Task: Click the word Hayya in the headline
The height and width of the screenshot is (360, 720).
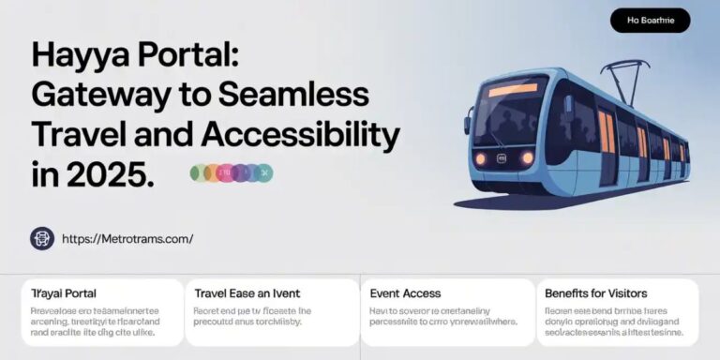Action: (76, 55)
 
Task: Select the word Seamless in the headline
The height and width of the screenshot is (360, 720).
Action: (303, 95)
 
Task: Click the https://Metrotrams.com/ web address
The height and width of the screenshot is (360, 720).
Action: (127, 239)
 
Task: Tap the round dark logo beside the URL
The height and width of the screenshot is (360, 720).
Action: (42, 239)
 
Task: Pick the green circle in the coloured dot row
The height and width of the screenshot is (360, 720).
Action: (198, 172)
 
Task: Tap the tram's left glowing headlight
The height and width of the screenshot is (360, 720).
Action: (481, 157)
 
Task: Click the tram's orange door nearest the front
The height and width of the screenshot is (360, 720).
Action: (607, 130)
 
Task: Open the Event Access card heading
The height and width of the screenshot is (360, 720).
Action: (405, 293)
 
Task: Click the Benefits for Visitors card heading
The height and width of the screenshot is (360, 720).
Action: (596, 293)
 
